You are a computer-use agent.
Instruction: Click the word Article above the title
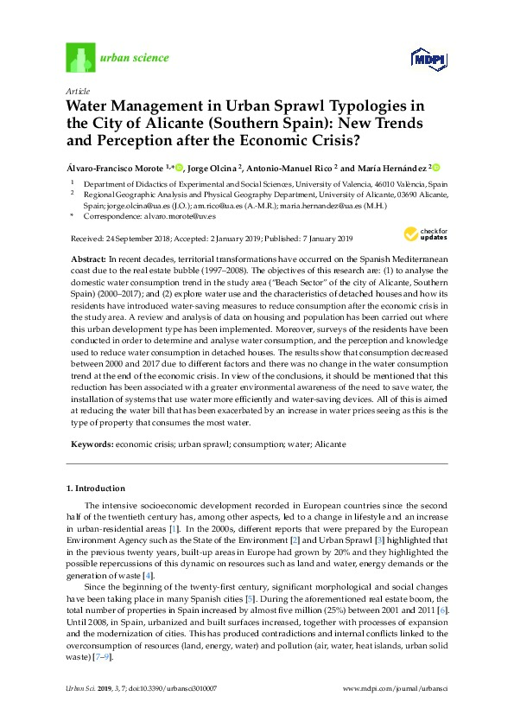click(76, 90)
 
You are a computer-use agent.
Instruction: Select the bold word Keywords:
click(93, 444)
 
